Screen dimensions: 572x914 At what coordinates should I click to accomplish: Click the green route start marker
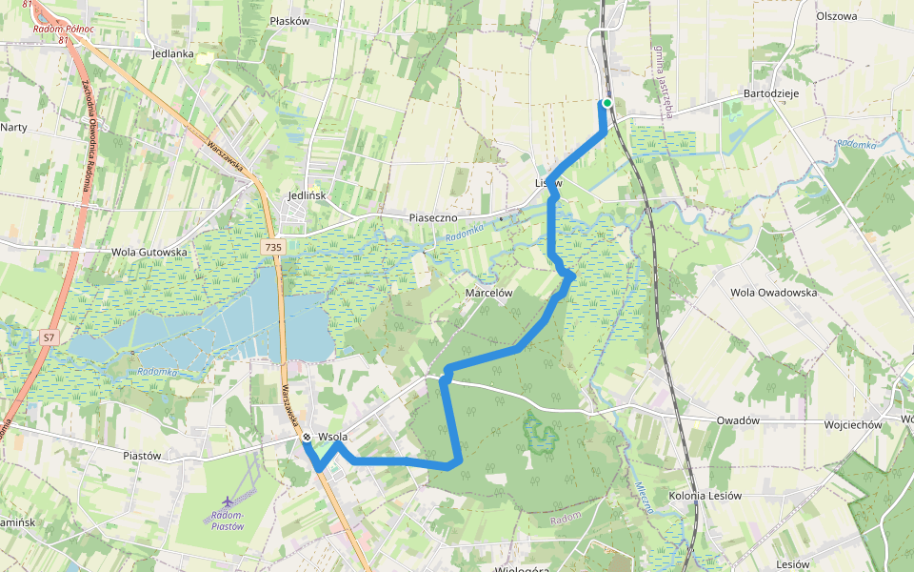(x=606, y=103)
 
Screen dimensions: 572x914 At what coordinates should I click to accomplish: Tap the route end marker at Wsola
(x=307, y=438)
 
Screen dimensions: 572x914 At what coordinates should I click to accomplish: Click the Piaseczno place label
(x=434, y=217)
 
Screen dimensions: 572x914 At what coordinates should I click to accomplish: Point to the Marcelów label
(x=489, y=293)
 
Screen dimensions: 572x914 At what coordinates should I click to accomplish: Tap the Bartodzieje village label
(x=770, y=94)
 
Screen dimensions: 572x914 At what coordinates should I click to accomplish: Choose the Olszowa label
(x=837, y=16)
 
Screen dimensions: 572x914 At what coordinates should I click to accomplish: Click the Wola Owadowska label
(x=773, y=293)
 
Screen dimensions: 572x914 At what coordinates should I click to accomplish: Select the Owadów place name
(x=738, y=420)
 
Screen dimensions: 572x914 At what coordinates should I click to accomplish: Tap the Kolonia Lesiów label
(x=705, y=496)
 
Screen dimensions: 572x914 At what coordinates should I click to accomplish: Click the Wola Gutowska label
(x=147, y=252)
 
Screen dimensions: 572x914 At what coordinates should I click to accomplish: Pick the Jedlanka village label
(x=172, y=54)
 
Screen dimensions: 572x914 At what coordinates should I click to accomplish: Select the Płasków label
(x=289, y=20)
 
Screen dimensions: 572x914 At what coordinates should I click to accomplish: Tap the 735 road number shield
(x=273, y=247)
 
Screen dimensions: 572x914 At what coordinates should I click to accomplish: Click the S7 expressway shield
(x=50, y=337)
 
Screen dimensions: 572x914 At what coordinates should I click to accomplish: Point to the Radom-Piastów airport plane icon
(x=228, y=501)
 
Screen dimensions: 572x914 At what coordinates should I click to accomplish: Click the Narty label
(x=13, y=127)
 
